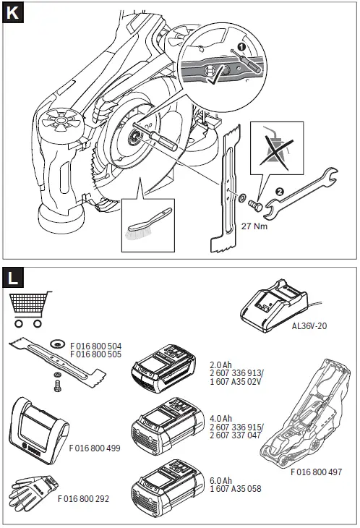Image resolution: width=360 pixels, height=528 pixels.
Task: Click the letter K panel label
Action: tap(13, 13)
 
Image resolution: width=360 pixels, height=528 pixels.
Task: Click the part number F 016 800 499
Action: tap(95, 448)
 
